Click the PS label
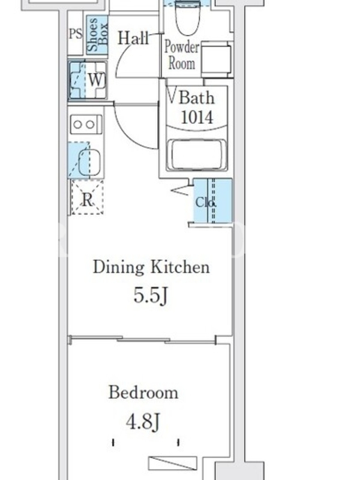coord(76,34)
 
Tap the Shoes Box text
coord(97,34)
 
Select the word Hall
coord(133,38)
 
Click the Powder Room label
coord(182,55)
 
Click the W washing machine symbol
coord(88,80)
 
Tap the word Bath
coord(196,98)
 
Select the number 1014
coord(197,117)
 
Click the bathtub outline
coord(197,155)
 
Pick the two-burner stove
coord(86,124)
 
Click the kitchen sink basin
coord(89,161)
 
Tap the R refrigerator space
coord(87,197)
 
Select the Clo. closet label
coord(206,202)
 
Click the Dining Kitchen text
coord(152,267)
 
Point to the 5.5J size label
coord(151,296)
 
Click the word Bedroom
coord(143,392)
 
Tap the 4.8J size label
coord(143,422)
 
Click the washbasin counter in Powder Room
coord(215,59)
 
